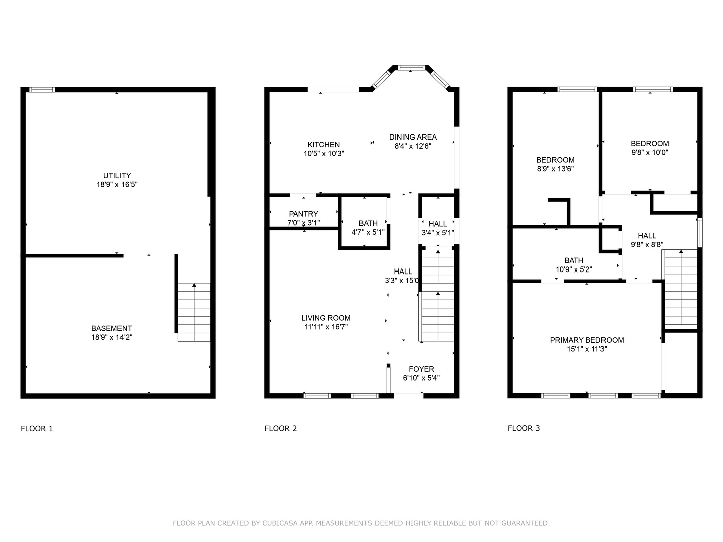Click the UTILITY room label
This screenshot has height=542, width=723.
pos(117,175)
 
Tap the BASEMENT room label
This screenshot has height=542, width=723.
pos(111,328)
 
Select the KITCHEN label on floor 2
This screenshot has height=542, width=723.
pos(324,144)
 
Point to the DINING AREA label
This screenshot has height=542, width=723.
pos(413,137)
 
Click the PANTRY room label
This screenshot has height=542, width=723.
pos(303,214)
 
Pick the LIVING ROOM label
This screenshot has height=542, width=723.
pos(326,318)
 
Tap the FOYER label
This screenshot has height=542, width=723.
pos(421,369)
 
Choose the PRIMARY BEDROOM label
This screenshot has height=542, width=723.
pos(587,340)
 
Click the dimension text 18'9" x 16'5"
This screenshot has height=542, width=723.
pos(117,184)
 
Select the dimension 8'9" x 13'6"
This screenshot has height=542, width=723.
pos(555,169)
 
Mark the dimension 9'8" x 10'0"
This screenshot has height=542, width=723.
pos(650,152)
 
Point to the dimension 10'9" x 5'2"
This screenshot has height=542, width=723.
pos(574,269)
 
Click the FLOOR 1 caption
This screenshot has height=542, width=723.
pos(37,428)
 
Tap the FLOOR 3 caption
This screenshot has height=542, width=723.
pos(524,428)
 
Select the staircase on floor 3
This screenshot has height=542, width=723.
pos(681,289)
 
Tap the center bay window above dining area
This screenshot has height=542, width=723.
pos(411,67)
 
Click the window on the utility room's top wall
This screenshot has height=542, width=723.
pos(41,90)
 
